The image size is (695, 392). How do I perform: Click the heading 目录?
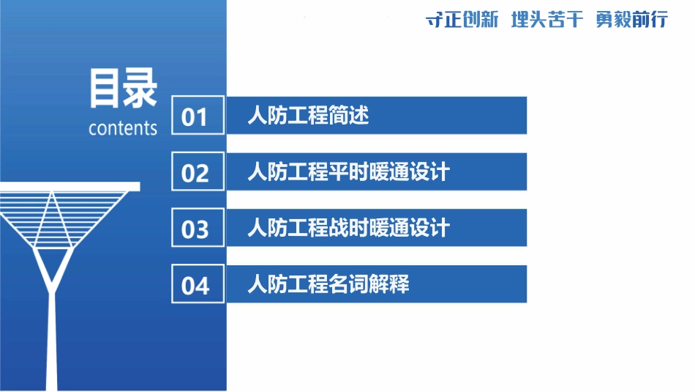click(123, 89)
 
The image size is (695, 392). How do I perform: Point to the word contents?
click(123, 128)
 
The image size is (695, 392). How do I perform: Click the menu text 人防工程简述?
click(308, 116)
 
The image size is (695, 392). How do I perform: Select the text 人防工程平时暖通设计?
click(348, 172)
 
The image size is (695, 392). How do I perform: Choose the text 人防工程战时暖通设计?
click(348, 228)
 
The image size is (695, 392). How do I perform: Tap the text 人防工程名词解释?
click(328, 284)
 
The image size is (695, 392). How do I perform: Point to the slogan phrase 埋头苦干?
click(546, 20)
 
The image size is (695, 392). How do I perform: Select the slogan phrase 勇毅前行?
click(631, 20)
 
